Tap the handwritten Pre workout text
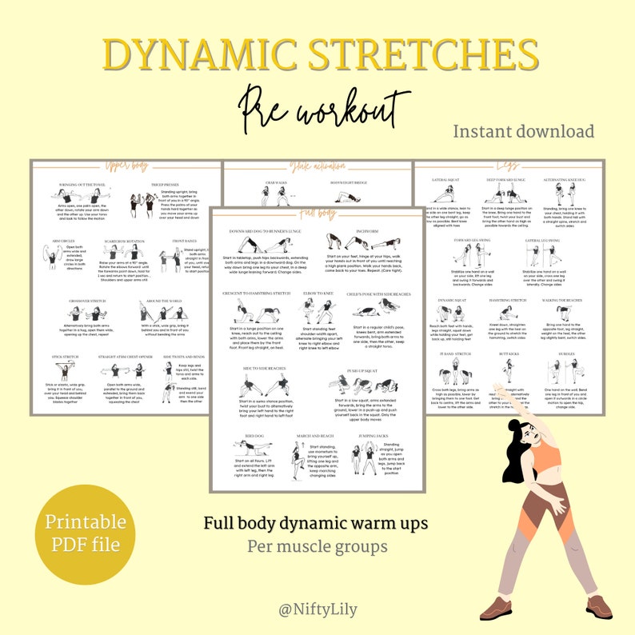pyautogui.click(x=319, y=108)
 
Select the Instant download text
pyautogui.click(x=524, y=131)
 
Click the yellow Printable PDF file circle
pyautogui.click(x=86, y=533)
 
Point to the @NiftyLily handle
pyautogui.click(x=317, y=609)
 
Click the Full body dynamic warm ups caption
pyautogui.click(x=315, y=524)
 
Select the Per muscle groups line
pyautogui.click(x=317, y=548)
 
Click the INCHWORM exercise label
pyautogui.click(x=361, y=232)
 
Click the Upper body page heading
pyautogui.click(x=126, y=166)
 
